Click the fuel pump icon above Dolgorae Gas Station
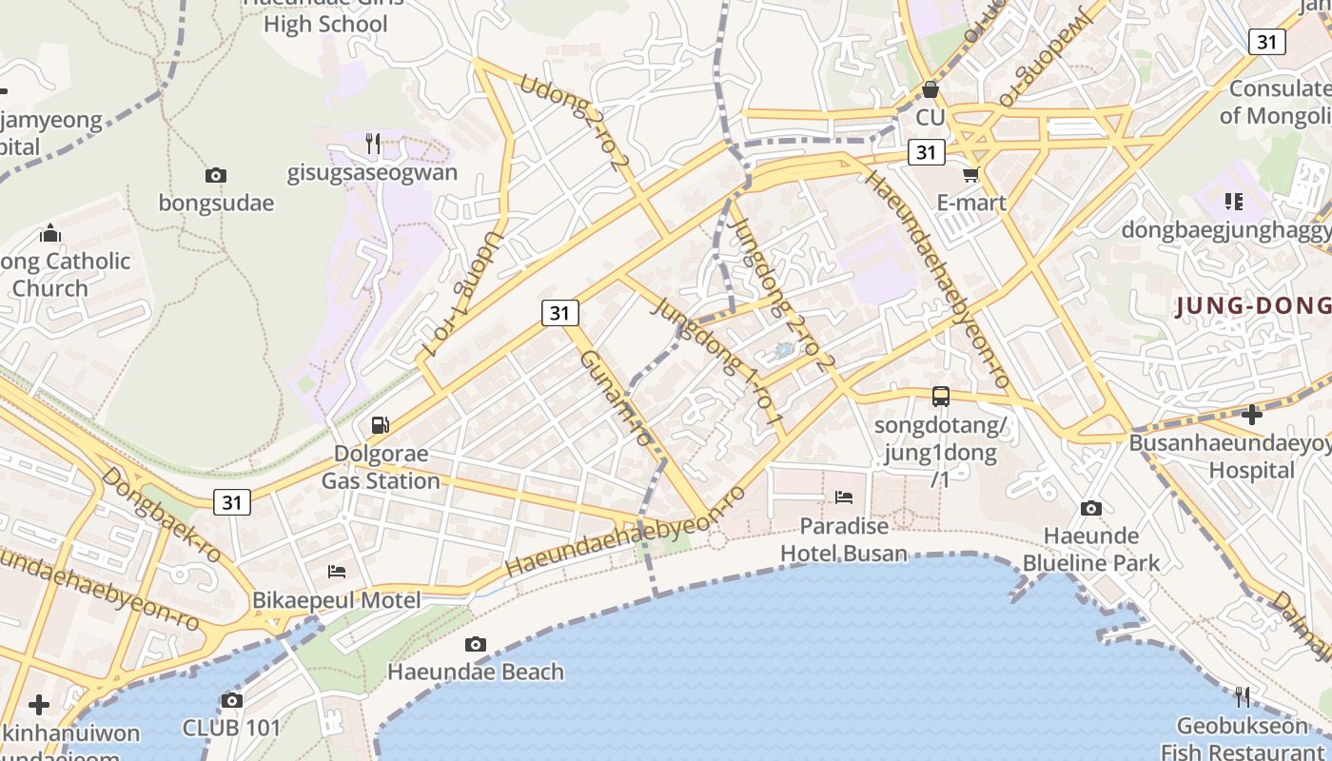click(x=380, y=424)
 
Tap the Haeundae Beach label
click(x=475, y=672)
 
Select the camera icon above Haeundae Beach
click(x=476, y=644)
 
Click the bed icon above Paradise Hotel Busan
click(x=843, y=497)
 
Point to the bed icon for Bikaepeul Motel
click(x=336, y=571)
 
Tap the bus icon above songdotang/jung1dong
click(x=940, y=397)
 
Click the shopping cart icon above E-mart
click(x=970, y=174)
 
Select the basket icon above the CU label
click(x=930, y=90)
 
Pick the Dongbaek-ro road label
click(x=161, y=515)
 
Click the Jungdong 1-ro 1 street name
click(x=719, y=361)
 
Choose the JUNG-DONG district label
click(x=1252, y=306)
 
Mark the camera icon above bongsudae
click(x=216, y=175)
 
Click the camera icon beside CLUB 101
click(x=231, y=701)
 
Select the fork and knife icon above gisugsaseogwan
click(x=373, y=144)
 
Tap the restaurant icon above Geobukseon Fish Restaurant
click(x=1242, y=697)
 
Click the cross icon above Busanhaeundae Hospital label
click(x=1252, y=414)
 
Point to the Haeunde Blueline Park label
click(x=1090, y=549)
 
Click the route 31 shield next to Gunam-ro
click(x=560, y=312)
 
